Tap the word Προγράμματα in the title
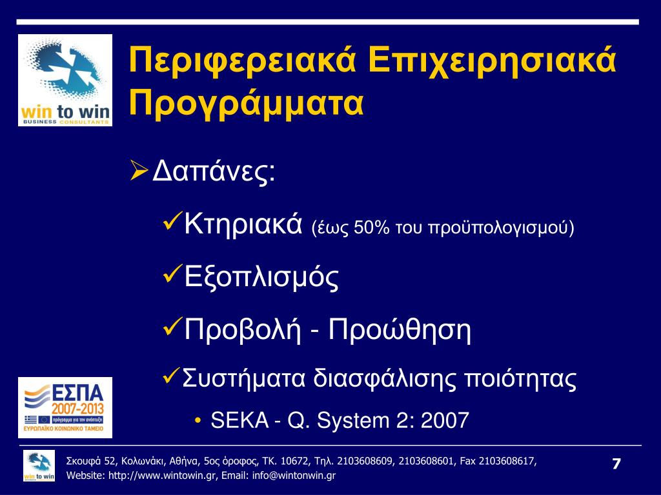pos(246,104)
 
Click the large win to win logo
pos(65,80)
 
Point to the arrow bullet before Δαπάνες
pos(139,170)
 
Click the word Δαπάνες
pos(213,170)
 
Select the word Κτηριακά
pos(243,224)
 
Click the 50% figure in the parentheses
pos(371,228)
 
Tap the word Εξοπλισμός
pos(261,277)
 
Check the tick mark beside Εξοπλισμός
pos(172,273)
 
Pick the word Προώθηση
pos(399,329)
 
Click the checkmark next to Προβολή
pos(172,326)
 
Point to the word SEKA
pos(239,420)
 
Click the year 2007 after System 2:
pos(445,420)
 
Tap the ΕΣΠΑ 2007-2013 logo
pos(65,407)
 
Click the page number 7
pos(616,464)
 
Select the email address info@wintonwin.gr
pos(294,476)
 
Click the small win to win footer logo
pos(39,465)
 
